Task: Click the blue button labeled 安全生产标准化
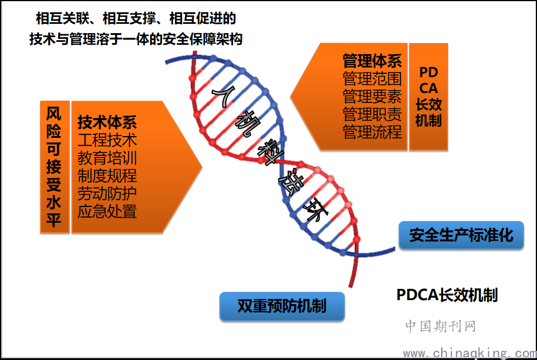coord(461,235)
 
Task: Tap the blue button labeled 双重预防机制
coord(282,306)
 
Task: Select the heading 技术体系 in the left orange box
coord(107,122)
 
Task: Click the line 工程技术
coord(107,140)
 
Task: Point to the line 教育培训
coord(107,158)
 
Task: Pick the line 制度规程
coord(107,176)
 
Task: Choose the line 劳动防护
coord(107,194)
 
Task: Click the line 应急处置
coord(107,212)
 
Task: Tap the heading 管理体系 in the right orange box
coord(373,61)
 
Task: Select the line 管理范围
coord(373,79)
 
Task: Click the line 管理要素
coord(373,97)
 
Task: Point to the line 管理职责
coord(373,115)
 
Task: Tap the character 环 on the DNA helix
coord(316,209)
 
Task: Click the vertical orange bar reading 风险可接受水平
coord(55,167)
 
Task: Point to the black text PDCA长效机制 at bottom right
coord(447,295)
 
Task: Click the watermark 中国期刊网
coord(441,326)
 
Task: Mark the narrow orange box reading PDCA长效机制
coord(428,97)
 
